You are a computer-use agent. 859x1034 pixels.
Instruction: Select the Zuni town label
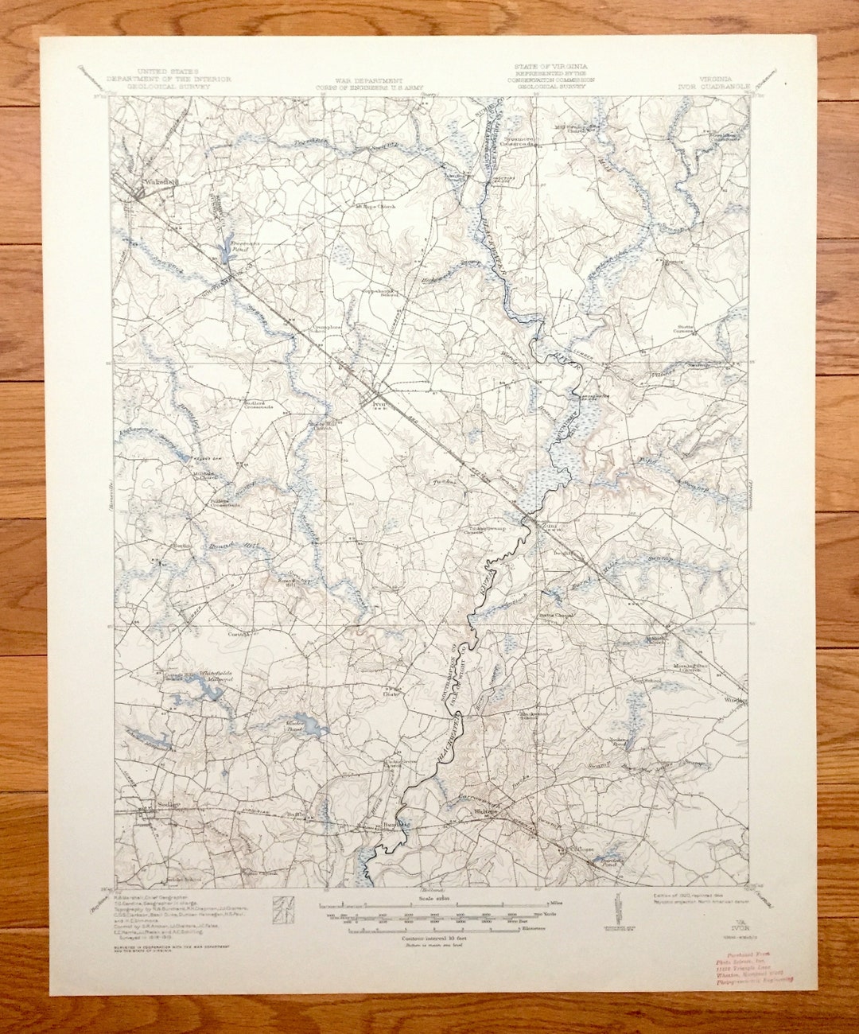[546, 525]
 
